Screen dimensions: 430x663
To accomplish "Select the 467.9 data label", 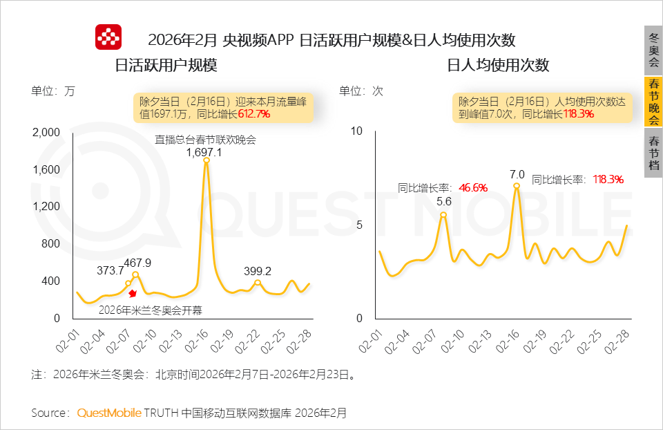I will (137, 263).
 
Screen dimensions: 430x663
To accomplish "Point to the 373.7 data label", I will (110, 270).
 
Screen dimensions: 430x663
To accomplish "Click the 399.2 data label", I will (257, 271).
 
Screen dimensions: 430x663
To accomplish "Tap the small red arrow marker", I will (133, 294).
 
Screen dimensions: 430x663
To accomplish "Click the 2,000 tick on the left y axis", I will (47, 132).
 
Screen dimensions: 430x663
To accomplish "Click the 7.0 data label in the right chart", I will (517, 174).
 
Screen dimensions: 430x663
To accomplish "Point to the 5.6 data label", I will (443, 201).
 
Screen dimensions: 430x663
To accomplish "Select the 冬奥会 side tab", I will (653, 48).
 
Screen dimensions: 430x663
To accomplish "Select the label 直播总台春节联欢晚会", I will (205, 140).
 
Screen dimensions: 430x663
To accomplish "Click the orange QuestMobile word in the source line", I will (109, 413).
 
